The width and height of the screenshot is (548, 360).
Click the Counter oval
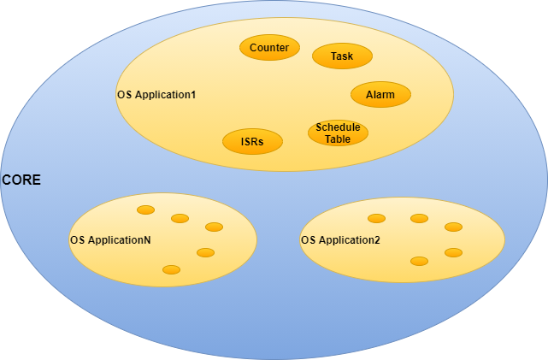(x=269, y=48)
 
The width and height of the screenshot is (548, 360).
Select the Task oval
(x=342, y=56)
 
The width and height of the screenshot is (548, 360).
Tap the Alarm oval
(x=380, y=94)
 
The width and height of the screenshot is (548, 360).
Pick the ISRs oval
(x=252, y=141)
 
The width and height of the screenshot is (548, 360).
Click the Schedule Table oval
(x=338, y=133)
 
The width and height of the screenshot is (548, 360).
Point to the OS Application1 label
(x=156, y=94)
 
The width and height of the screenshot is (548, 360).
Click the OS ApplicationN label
(x=110, y=240)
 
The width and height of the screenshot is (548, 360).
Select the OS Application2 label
(x=340, y=240)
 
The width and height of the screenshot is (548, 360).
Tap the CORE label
(x=21, y=180)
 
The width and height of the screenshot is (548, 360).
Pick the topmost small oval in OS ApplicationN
(x=146, y=210)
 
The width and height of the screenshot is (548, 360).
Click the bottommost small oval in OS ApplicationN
(x=171, y=269)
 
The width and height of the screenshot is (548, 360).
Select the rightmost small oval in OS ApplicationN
(x=214, y=227)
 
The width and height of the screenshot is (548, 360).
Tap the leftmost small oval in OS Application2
(x=376, y=218)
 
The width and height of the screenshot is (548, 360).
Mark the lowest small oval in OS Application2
(x=419, y=261)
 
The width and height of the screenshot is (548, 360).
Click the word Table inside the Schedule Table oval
(x=338, y=139)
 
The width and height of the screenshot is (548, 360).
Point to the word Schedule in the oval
(x=338, y=127)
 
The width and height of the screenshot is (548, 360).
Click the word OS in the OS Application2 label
(x=308, y=240)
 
